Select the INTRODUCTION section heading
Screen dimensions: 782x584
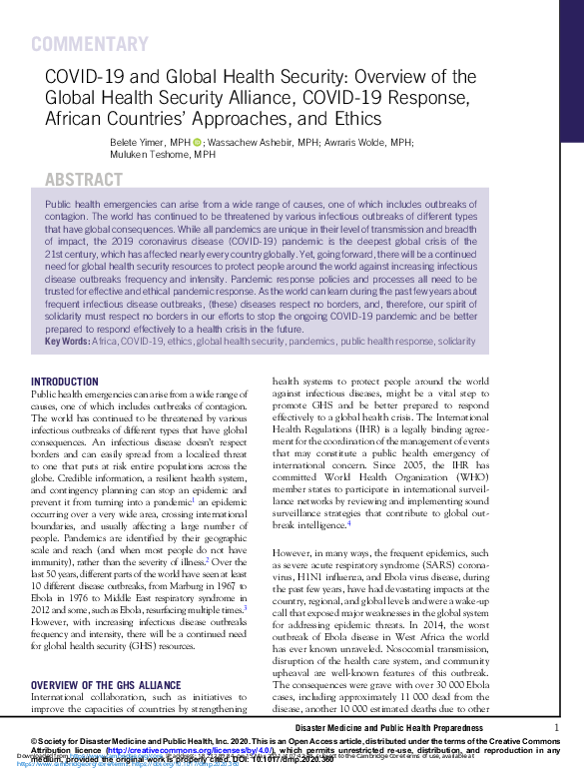[65, 383]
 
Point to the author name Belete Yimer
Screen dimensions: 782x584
[139, 143]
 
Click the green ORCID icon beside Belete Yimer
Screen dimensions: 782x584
[197, 143]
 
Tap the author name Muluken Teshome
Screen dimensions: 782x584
[139, 155]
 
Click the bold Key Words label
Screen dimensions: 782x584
[67, 342]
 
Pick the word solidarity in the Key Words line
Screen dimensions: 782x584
[456, 342]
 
